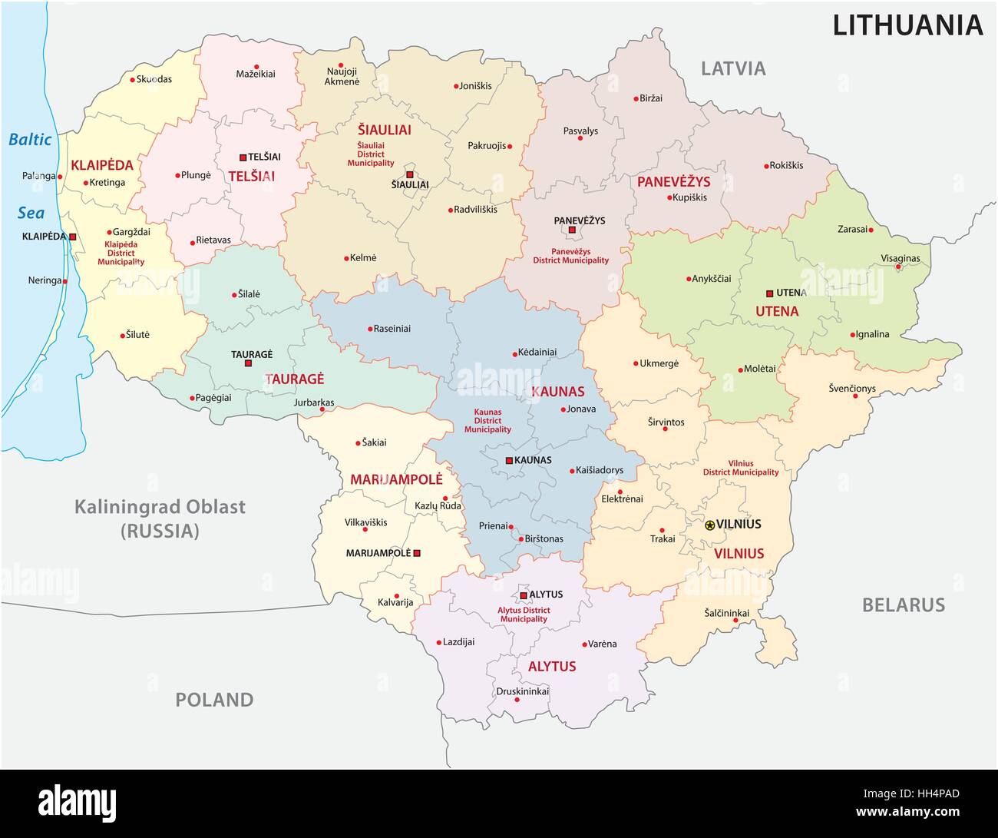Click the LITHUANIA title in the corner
907,25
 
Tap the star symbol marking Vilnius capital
709,525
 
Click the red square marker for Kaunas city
509,461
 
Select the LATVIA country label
733,68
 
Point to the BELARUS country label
903,604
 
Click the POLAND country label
214,700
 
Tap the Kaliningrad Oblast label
160,507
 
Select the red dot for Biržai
636,98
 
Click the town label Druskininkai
522,691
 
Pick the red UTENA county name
777,311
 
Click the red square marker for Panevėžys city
572,229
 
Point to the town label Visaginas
900,258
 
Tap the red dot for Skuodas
132,79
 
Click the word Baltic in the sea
30,140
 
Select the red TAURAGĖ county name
294,379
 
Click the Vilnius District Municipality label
741,468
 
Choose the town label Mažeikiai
256,75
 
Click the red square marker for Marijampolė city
417,553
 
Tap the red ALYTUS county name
551,666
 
